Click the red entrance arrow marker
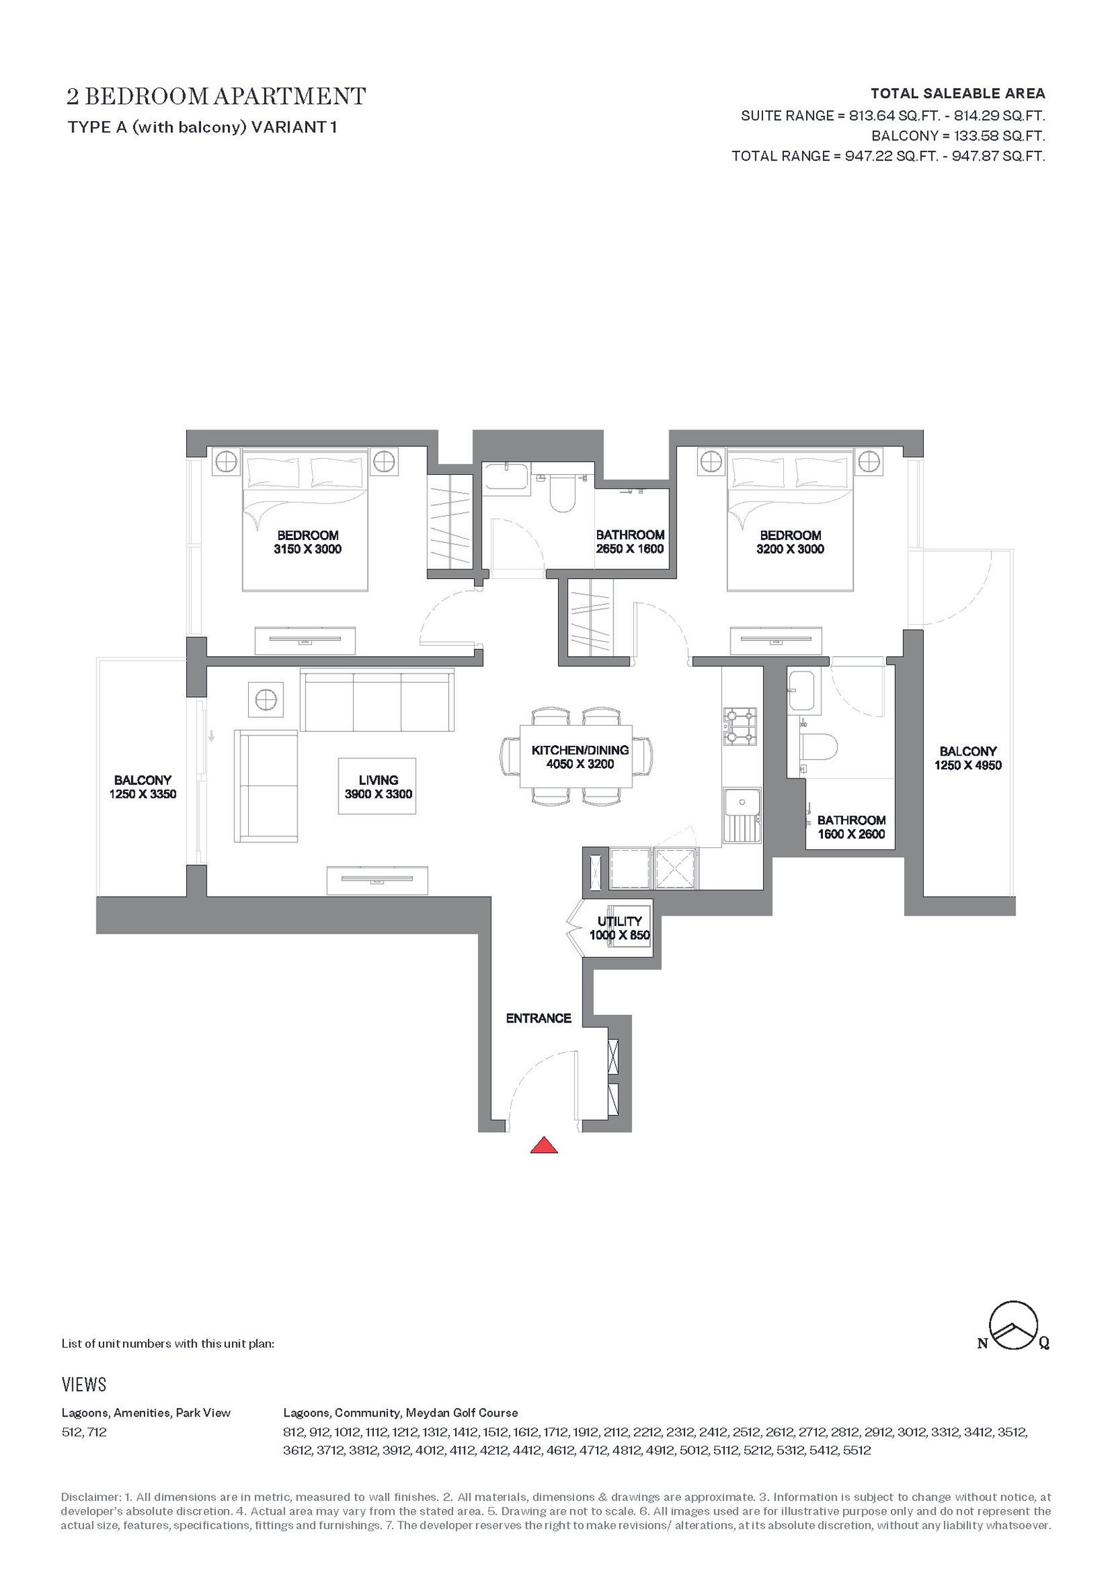543,1145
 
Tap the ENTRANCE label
539,1018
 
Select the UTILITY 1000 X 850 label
619,929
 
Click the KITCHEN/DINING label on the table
580,750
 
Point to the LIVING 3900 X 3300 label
378,787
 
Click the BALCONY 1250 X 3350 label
142,787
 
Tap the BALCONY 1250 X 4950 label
968,758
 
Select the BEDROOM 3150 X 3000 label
308,542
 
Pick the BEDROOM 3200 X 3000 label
790,542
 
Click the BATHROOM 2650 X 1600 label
630,541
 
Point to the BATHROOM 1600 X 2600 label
851,827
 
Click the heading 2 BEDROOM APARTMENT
216,96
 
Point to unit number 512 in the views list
71,1432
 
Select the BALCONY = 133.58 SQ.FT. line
958,136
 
